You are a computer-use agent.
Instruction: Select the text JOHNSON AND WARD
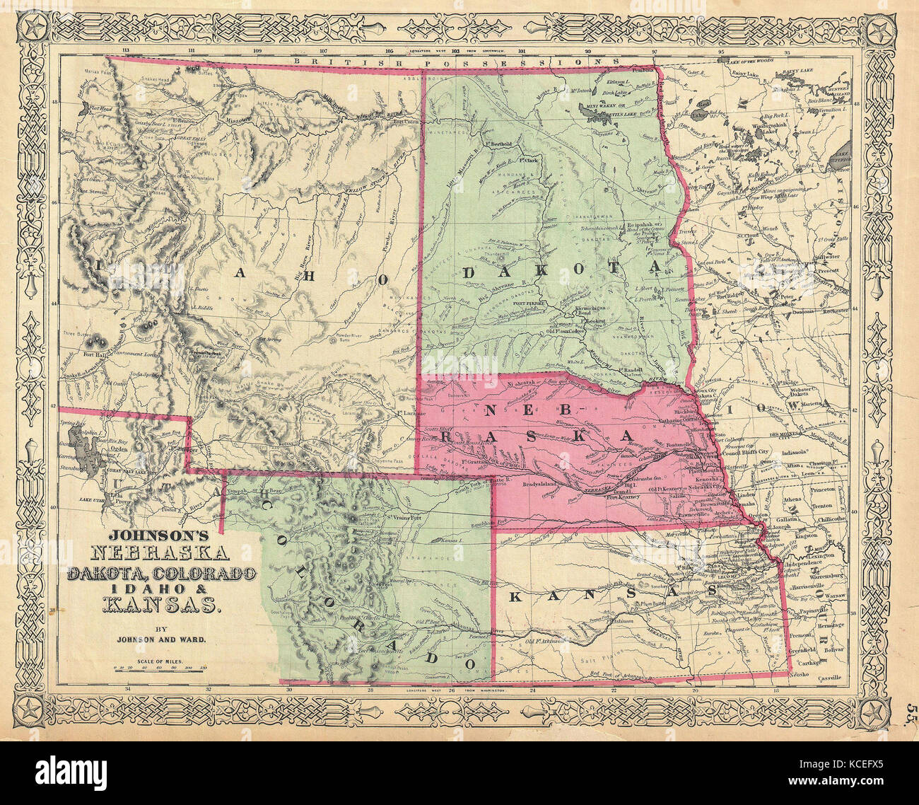(x=163, y=639)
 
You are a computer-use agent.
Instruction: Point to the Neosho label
(x=801, y=676)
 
